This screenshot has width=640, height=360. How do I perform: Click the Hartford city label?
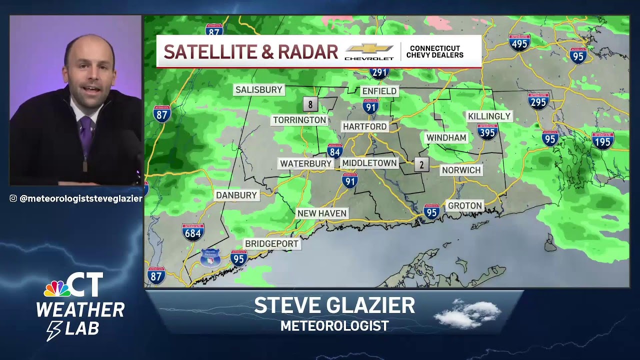[x=364, y=126]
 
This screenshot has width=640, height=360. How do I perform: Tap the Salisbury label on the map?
[x=259, y=90]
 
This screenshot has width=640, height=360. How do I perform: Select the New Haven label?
[x=321, y=213]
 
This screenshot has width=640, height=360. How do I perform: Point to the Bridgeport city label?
[x=271, y=244]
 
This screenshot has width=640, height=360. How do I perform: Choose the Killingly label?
[x=489, y=116]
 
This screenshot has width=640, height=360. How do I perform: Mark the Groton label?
[x=465, y=205]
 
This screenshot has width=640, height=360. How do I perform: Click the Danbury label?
[x=236, y=195]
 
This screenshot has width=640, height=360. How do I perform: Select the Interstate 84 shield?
[x=334, y=151]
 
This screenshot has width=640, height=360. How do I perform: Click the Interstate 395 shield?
[x=487, y=132]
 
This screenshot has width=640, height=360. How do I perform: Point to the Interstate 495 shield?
[x=519, y=43]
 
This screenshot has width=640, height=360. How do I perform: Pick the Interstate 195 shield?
[x=602, y=141]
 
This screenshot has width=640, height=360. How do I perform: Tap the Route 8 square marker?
[x=310, y=104]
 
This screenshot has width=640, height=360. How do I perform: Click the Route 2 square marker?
[x=421, y=164]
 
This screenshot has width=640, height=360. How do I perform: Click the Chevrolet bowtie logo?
[x=369, y=48]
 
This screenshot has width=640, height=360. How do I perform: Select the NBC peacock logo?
[x=56, y=288]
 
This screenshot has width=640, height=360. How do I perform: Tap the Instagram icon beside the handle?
[x=13, y=198]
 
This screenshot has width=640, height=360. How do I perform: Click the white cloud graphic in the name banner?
[x=467, y=314]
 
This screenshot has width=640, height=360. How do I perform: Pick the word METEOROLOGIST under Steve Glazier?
[x=334, y=326]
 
